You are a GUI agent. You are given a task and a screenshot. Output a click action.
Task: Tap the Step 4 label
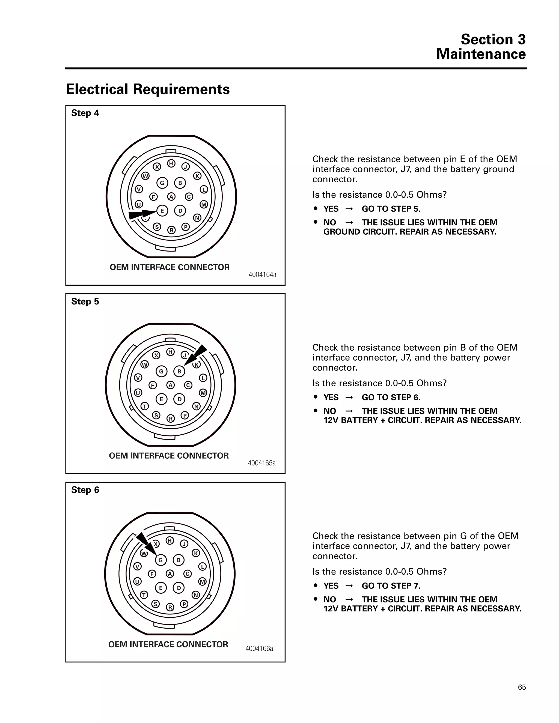click(x=85, y=113)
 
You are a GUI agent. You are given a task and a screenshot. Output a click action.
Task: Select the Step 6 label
click(x=85, y=490)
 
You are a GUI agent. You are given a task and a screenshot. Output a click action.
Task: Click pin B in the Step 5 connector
click(x=179, y=371)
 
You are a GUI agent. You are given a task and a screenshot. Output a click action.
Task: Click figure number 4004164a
click(x=262, y=274)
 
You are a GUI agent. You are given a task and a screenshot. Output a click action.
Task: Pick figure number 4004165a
click(x=261, y=463)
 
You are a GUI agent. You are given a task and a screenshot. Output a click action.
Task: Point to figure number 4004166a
click(x=259, y=648)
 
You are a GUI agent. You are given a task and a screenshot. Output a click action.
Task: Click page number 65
click(x=522, y=687)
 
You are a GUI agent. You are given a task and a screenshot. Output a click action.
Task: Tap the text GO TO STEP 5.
click(x=391, y=209)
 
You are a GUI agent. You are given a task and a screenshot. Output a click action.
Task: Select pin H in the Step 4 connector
click(x=171, y=163)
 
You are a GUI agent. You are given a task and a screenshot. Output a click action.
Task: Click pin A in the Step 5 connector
click(x=170, y=385)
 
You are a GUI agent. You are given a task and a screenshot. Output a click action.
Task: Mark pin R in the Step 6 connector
click(x=170, y=607)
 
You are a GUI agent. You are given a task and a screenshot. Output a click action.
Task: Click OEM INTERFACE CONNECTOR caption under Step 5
click(x=169, y=456)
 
